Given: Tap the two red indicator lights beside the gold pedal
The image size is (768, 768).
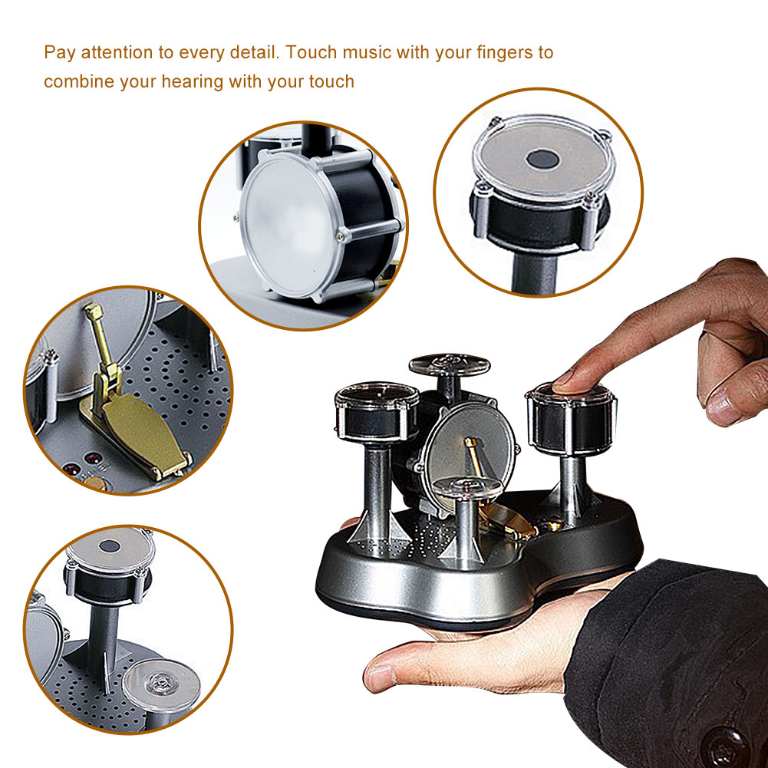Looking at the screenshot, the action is coord(82,463).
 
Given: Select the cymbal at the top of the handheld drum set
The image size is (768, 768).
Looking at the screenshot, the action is coord(449,365).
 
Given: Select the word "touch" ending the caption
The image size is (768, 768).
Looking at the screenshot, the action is coord(331,82).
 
